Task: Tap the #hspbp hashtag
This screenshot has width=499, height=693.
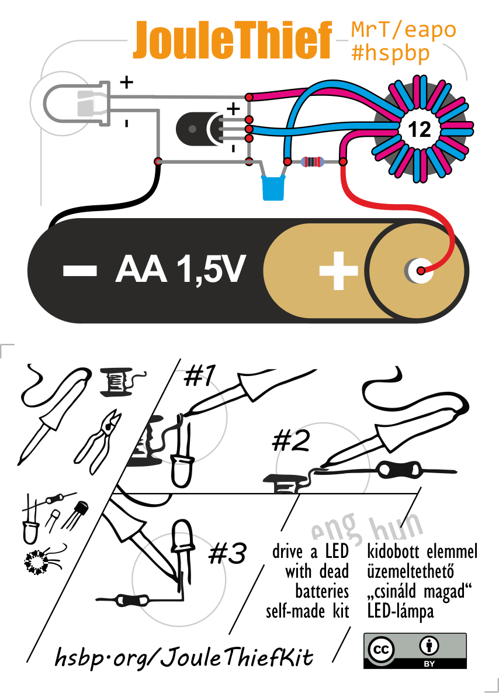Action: tap(390, 53)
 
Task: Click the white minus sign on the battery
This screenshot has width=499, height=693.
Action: tap(80, 270)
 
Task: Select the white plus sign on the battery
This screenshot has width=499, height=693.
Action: tap(338, 271)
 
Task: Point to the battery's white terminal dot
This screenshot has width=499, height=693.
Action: tap(418, 270)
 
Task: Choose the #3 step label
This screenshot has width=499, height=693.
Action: tap(227, 554)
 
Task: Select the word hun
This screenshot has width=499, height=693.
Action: tap(397, 528)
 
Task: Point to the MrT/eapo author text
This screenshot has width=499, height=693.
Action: tap(403, 29)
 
